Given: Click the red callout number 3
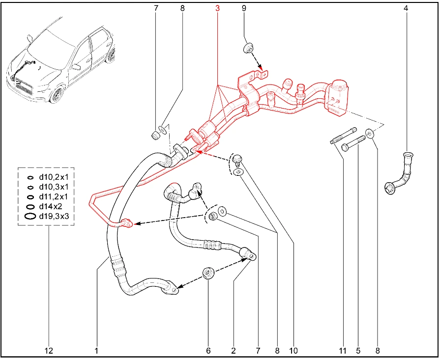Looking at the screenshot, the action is pos(217,8).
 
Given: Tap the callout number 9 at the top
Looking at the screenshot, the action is pos(244,8).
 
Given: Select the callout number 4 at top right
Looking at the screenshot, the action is pos(406,8).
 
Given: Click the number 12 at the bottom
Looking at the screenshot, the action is pos(49,351).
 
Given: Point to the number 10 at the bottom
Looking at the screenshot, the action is pos(293,351).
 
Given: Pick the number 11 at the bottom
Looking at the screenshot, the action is pos(343,351).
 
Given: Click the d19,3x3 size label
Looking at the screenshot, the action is pos(54,216).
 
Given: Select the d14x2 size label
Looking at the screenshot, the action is pos(51,207).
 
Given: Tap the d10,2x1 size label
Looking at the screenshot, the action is pos(53,177).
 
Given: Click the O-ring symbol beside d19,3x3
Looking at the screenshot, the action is pos(30,216).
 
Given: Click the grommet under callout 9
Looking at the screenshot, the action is pos(248,48).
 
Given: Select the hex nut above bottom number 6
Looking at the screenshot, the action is pos(208,273).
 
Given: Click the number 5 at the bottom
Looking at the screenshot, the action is pos(358,351).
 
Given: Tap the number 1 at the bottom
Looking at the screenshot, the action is pos(96,351).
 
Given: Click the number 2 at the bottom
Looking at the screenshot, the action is pos(233,351).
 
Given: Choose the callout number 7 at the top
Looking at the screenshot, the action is pos(156,8).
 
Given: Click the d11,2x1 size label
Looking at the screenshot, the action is pos(53,197).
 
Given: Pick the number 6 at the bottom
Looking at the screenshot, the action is pos(208,351).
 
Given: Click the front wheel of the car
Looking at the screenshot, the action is pos(57,95).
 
